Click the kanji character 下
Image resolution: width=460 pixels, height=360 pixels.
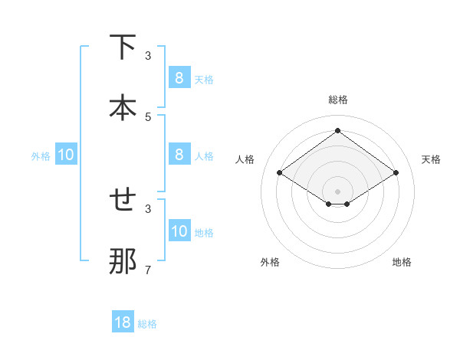coord(123,47)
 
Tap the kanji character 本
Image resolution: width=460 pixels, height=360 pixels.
coord(123,108)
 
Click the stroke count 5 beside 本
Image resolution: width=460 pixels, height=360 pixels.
coord(148,116)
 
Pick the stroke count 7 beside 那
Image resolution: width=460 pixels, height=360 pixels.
coord(148,270)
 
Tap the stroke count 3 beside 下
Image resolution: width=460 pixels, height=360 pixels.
coord(148,55)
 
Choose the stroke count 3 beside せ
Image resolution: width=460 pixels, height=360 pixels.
coord(148,208)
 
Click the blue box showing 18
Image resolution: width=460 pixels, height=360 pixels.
coord(123,322)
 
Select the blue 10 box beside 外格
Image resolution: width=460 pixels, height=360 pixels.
coord(66,155)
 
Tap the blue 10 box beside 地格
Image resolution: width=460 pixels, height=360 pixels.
coord(179,231)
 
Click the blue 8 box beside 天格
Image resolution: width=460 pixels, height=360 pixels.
coord(179,78)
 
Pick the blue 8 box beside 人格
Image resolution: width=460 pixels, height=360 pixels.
coord(179,155)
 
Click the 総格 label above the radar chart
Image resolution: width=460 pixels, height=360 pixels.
coord(337,100)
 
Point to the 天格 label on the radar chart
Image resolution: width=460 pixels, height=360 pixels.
coord(432,159)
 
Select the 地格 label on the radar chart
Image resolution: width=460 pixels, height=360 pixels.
coord(402,262)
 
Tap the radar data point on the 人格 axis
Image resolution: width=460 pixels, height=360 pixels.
coord(280,173)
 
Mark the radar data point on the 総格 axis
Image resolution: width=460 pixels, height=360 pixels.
coord(337,131)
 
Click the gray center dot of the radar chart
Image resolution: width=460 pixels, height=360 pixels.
coord(337,191)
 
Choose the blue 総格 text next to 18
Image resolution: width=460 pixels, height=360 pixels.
coord(148,324)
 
